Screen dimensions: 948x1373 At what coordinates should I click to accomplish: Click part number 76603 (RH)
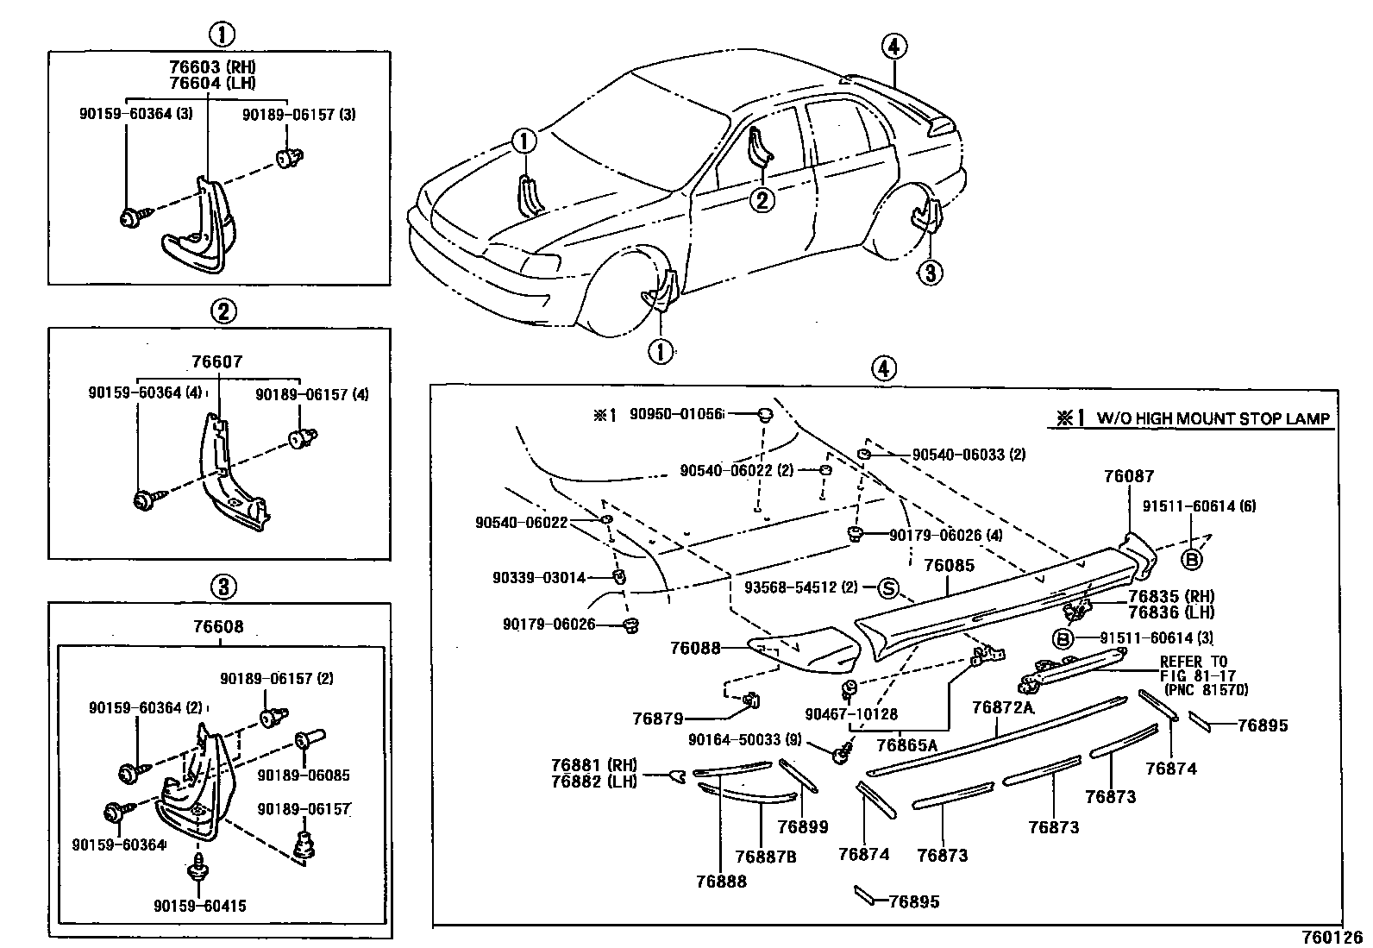tap(213, 66)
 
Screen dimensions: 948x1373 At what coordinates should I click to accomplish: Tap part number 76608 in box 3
tap(219, 627)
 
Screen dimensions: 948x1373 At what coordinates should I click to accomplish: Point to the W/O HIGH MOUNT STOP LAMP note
tap(1213, 419)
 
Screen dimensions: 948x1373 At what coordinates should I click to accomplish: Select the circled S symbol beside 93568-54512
tap(888, 588)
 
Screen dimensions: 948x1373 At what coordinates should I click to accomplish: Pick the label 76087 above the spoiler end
tap(1128, 476)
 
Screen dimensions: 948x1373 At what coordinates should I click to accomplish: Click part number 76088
tap(695, 647)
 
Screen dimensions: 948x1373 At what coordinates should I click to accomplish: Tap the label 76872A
tap(1002, 707)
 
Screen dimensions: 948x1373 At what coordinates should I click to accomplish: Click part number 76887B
tap(766, 857)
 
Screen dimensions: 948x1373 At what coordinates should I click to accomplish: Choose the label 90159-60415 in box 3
tap(200, 906)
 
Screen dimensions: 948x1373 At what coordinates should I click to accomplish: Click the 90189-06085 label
tap(304, 775)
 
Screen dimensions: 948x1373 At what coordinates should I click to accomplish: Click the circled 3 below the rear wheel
tap(929, 273)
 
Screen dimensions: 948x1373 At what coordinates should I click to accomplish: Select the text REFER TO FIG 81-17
tap(1194, 669)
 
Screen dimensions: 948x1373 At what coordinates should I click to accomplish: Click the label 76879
tap(657, 718)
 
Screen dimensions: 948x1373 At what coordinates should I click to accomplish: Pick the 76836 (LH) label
tap(1170, 612)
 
